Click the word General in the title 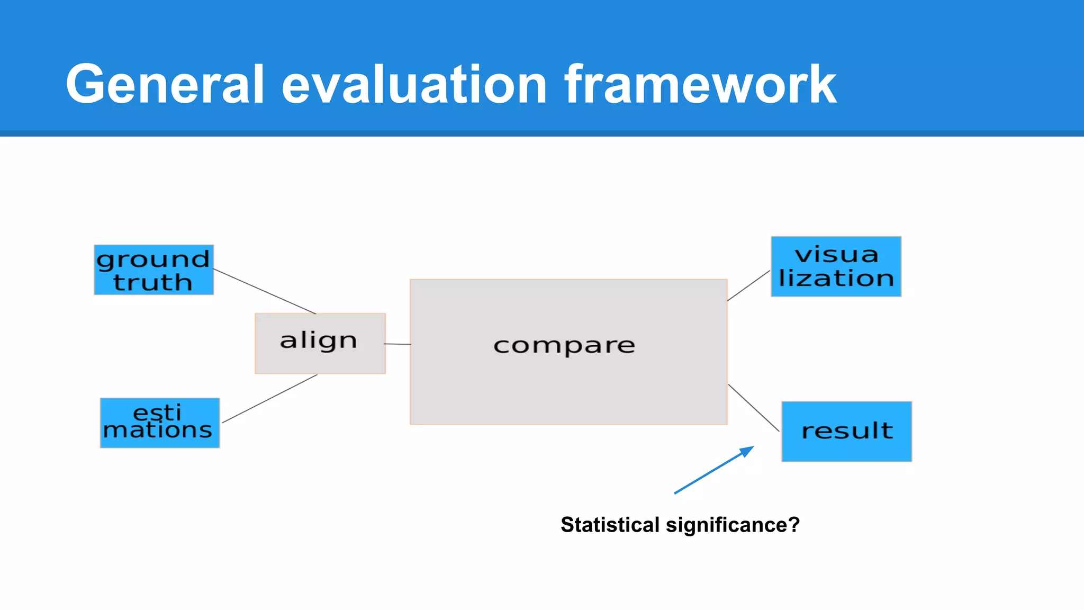click(165, 85)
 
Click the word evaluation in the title click(414, 85)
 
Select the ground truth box click(153, 270)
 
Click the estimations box click(159, 423)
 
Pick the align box click(320, 344)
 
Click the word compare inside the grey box click(564, 346)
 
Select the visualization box click(836, 266)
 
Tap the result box click(846, 432)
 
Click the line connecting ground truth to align click(265, 291)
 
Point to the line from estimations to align click(270, 399)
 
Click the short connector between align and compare click(398, 344)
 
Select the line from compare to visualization click(748, 286)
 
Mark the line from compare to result click(754, 408)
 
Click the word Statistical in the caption click(610, 525)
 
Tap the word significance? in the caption click(733, 525)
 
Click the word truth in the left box click(152, 282)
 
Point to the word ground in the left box click(153, 259)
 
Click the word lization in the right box click(836, 279)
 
